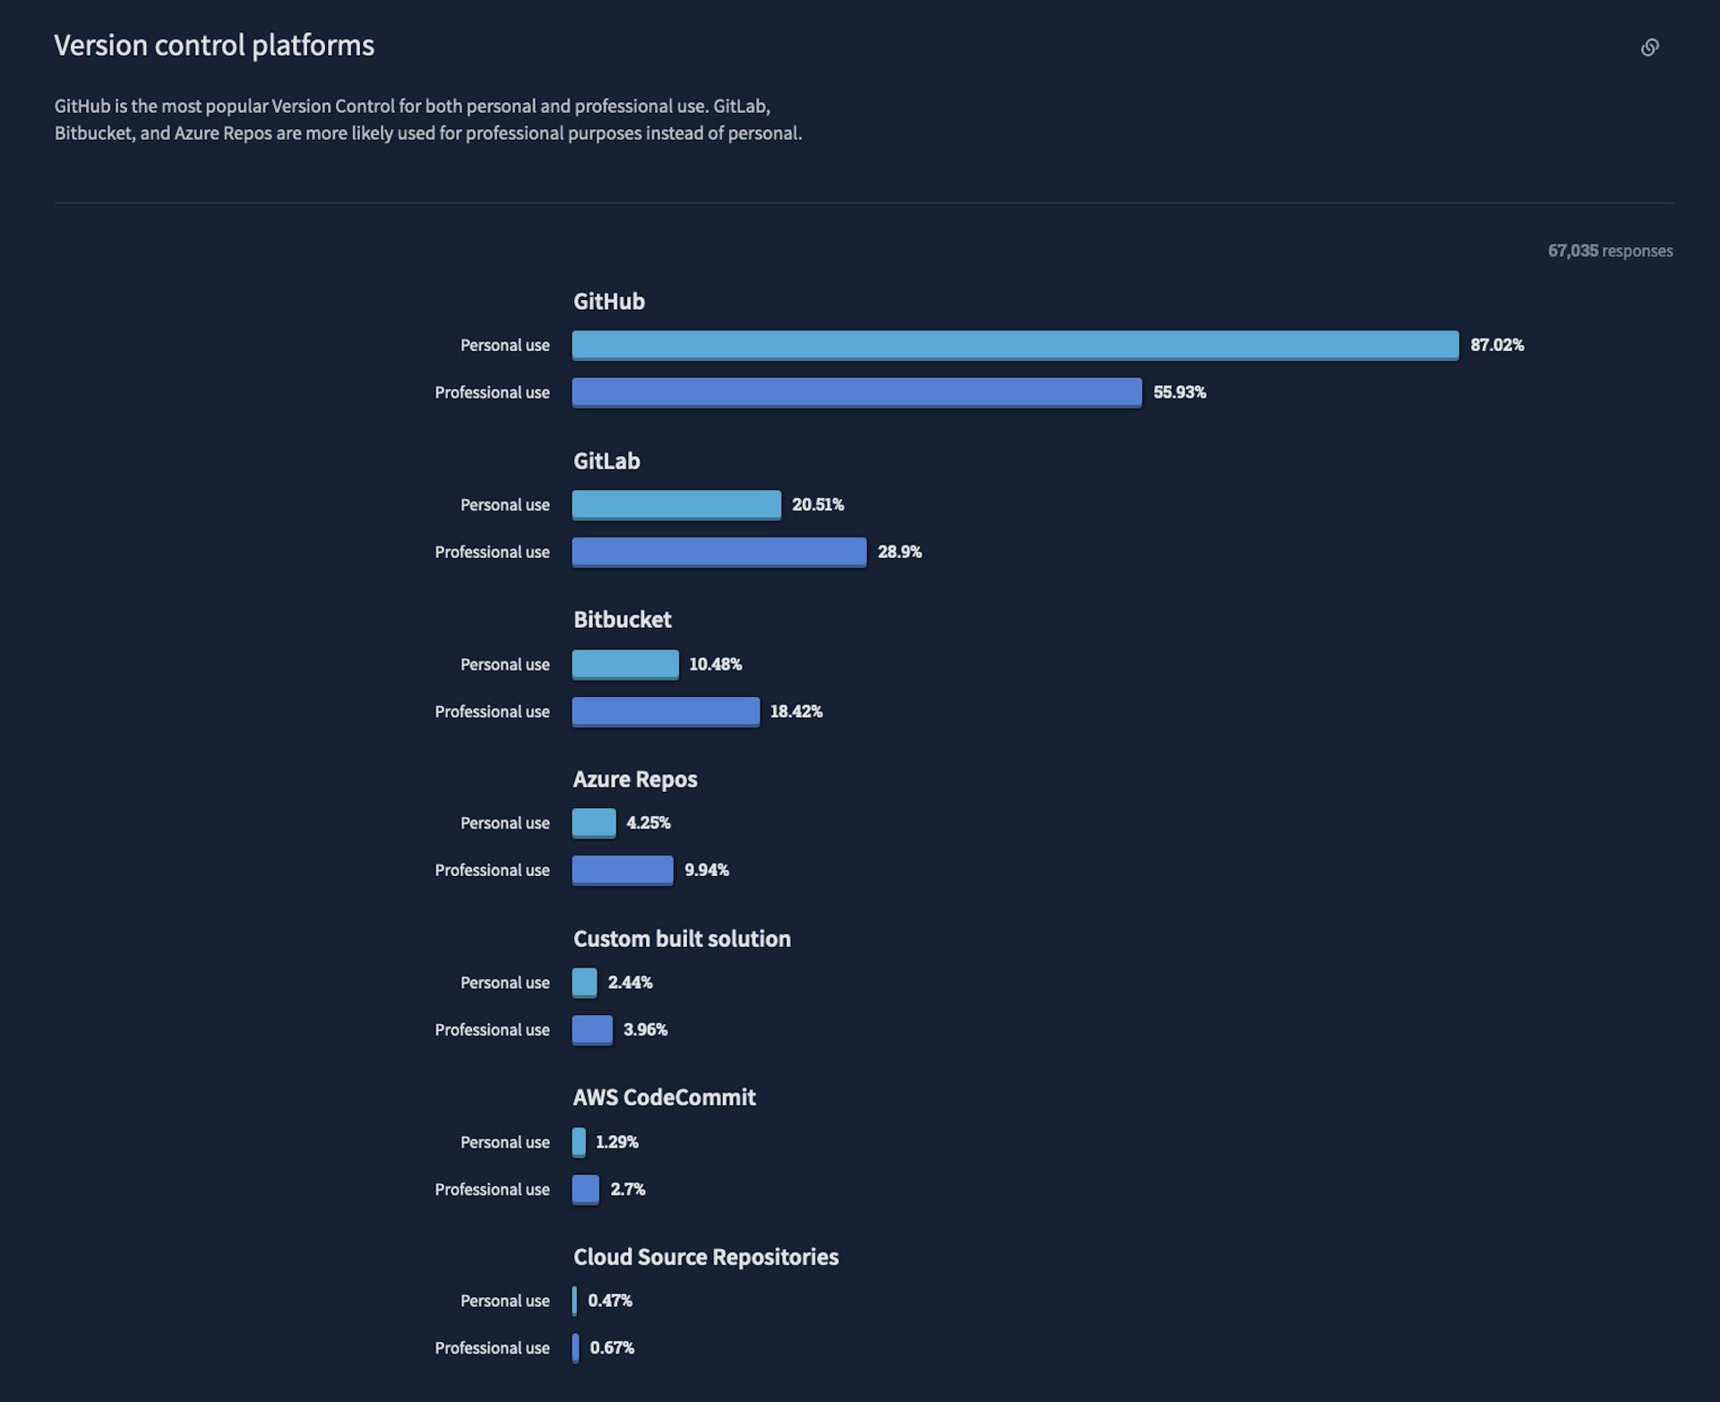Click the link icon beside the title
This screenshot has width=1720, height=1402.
1649,47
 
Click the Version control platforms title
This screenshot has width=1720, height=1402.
214,46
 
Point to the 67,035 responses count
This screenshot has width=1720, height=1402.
1610,251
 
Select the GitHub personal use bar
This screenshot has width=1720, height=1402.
1015,345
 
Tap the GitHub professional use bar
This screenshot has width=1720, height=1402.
856,392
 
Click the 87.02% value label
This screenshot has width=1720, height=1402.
1496,345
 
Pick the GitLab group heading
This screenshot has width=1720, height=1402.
606,461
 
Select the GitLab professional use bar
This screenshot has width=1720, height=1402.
718,552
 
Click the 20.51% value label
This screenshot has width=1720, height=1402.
817,504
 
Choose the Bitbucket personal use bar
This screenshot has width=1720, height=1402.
625,664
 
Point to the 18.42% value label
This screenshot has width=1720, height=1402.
795,711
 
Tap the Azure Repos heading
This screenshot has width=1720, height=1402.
634,779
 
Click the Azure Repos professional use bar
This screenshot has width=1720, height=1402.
623,870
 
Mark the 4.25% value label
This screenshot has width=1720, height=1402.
648,822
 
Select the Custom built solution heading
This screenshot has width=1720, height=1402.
682,939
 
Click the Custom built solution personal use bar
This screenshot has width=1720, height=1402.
584,982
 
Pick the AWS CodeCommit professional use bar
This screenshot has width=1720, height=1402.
586,1189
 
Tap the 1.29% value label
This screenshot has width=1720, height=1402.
616,1142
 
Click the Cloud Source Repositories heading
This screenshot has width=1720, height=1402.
706,1257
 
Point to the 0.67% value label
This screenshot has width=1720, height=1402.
612,1347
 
